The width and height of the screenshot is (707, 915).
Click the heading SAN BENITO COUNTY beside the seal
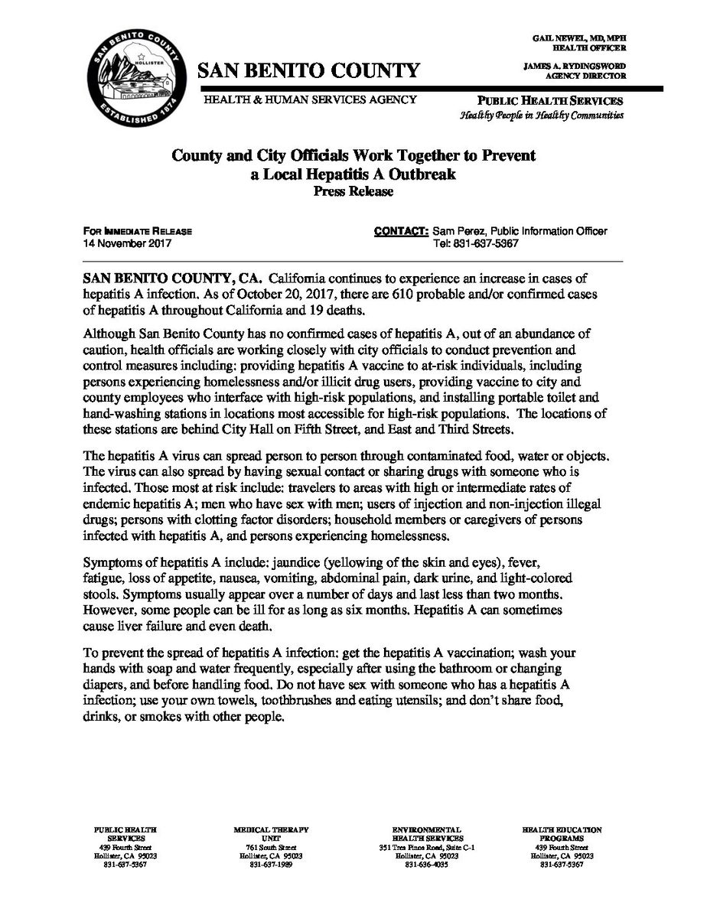(309, 71)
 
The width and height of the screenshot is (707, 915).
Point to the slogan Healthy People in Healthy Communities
(542, 116)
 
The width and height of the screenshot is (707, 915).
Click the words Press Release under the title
(353, 191)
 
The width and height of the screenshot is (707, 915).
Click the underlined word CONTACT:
(401, 232)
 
